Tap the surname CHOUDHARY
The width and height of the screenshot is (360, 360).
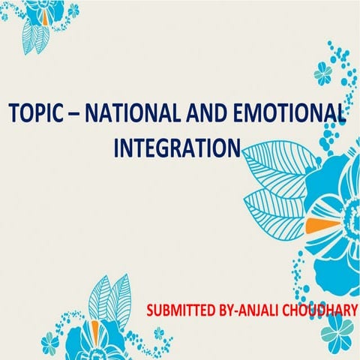pos(318,310)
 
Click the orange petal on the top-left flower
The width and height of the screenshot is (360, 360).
pos(47,13)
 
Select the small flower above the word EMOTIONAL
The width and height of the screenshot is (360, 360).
pos(323,73)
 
